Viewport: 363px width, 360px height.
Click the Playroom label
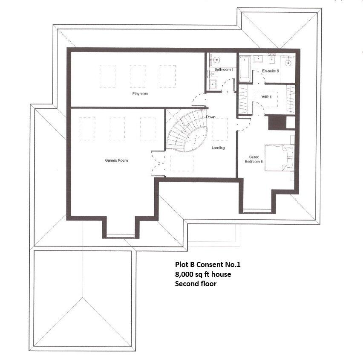coord(140,93)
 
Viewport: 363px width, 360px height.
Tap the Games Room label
coord(116,160)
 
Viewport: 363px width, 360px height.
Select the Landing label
coord(218,148)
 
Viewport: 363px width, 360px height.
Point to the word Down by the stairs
coord(210,116)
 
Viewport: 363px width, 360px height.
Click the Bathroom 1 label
coord(224,69)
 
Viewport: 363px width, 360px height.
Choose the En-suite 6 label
coord(271,71)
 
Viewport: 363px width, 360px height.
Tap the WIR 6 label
coord(266,97)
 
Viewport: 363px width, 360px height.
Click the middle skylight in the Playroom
coord(138,76)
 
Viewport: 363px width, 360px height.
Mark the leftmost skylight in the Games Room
coord(86,128)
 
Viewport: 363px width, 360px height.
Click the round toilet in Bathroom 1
coord(216,61)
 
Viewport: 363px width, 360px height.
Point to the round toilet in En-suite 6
coord(288,62)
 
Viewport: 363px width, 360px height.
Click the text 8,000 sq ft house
coord(203,274)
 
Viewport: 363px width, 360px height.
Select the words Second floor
coord(196,283)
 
